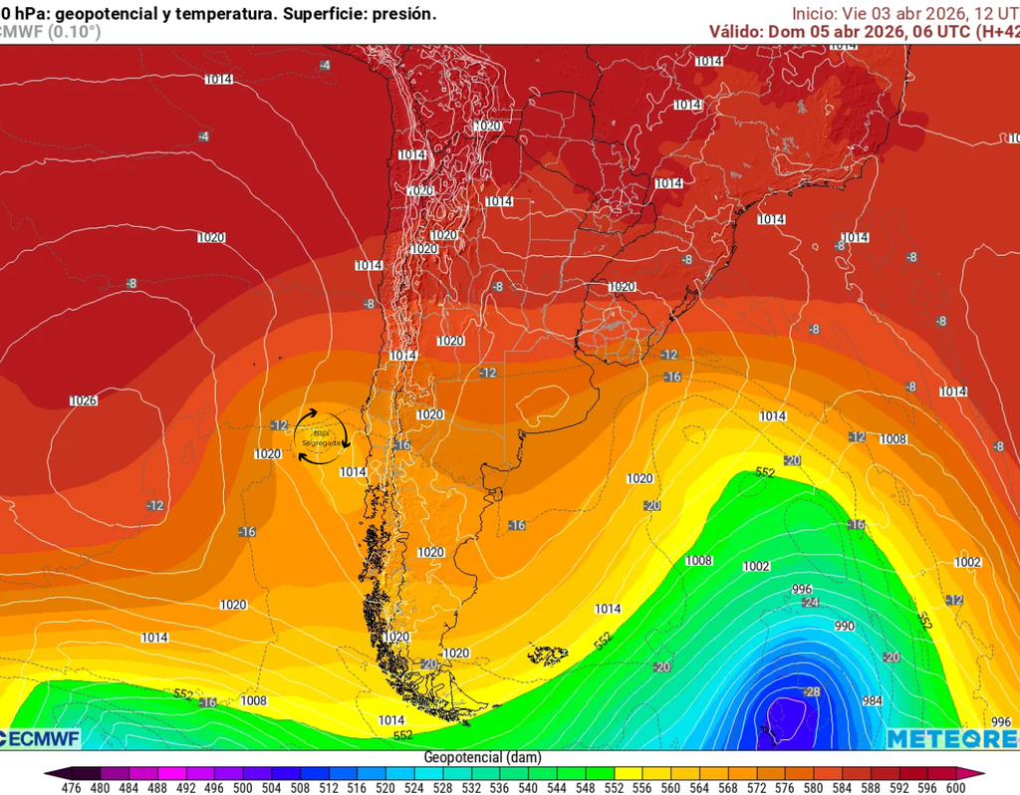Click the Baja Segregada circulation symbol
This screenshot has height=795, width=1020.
click(x=322, y=436)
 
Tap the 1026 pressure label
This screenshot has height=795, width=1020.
click(x=84, y=400)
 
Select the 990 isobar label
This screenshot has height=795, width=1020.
click(x=845, y=627)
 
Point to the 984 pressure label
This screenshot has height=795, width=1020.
click(x=873, y=701)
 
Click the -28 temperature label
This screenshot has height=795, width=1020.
click(x=813, y=691)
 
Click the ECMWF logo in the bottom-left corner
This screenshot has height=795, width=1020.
click(x=40, y=738)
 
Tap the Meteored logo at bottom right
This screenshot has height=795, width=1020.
click(x=951, y=738)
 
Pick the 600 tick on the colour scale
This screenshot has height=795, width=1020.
click(x=956, y=787)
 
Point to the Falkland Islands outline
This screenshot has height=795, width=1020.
click(x=546, y=655)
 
